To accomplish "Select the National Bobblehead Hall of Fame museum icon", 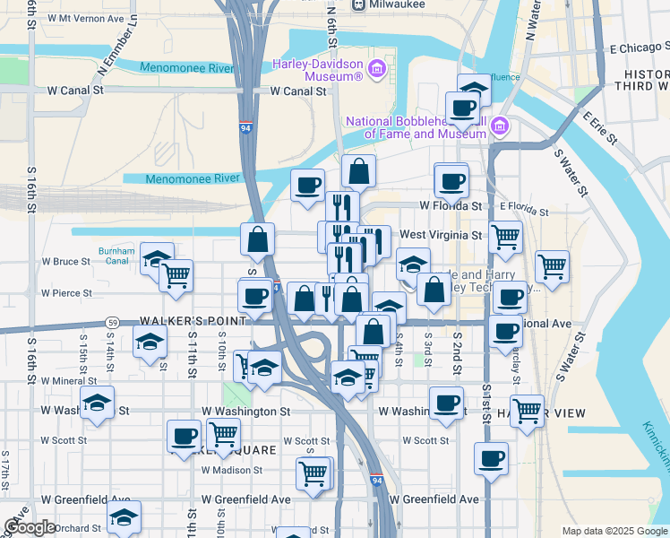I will click(500, 126).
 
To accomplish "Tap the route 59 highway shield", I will click(112, 322).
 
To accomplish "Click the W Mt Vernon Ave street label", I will click(86, 18).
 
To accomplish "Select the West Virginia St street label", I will click(441, 235).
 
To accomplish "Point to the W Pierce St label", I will click(66, 292).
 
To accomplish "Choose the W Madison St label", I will click(231, 469).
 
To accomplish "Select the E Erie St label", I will click(599, 128).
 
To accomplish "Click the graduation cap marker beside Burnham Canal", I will click(157, 259).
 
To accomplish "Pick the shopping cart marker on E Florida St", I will click(505, 237).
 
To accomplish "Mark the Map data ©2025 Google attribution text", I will click(614, 531).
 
